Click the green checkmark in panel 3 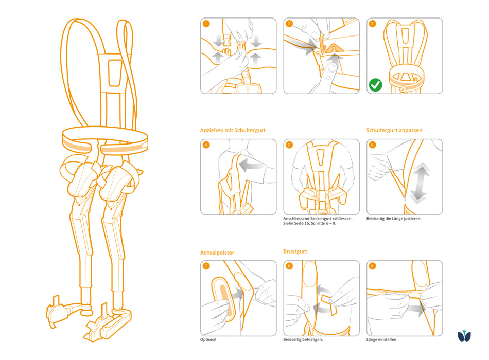376,85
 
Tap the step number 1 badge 206,24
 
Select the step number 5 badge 290,145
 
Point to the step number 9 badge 373,266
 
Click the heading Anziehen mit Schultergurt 233,131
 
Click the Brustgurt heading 296,251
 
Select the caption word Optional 208,340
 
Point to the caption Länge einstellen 382,340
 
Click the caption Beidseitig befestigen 303,340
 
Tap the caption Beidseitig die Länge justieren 394,219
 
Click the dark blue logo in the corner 465,337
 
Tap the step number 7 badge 206,266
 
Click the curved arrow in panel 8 324,298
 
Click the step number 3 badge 373,24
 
